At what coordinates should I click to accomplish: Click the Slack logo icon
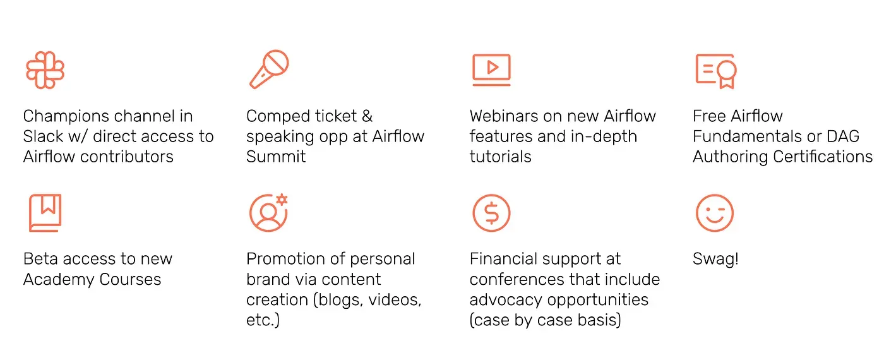[x=45, y=70]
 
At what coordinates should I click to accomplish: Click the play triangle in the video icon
[x=492, y=67]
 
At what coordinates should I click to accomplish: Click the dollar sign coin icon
[x=491, y=213]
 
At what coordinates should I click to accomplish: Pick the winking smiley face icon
[x=715, y=213]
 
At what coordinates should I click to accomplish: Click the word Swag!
[x=715, y=260]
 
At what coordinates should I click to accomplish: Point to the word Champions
[x=66, y=116]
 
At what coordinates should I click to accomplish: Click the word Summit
[x=276, y=157]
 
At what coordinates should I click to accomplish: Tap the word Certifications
[x=822, y=157]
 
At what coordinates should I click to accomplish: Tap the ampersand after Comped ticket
[x=367, y=116]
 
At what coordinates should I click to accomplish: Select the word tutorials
[x=500, y=157]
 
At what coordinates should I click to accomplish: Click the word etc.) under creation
[x=263, y=320]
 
